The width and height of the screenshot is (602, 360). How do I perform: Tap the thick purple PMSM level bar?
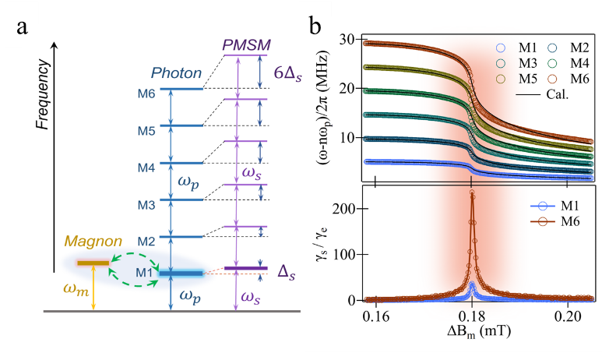245,269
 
